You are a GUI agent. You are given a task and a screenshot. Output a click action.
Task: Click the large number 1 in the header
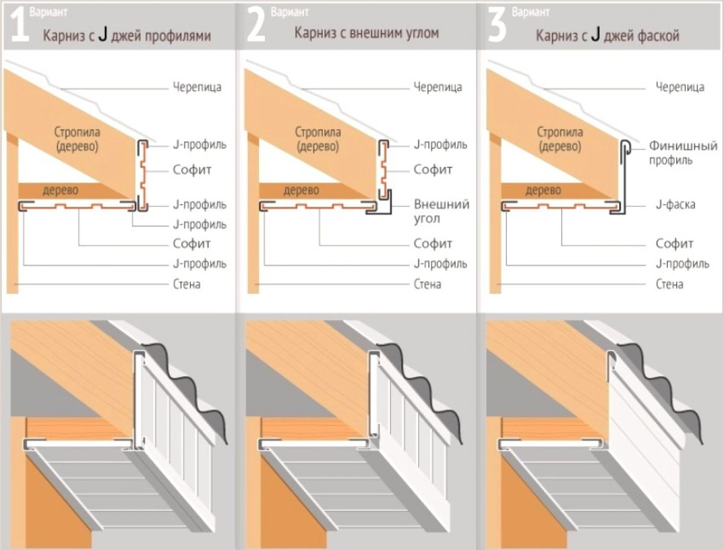click(20, 25)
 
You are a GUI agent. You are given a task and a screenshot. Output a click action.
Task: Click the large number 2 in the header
click(256, 25)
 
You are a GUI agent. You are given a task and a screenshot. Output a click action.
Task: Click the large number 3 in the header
click(497, 25)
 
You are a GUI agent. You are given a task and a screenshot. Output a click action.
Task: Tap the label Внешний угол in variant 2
click(441, 211)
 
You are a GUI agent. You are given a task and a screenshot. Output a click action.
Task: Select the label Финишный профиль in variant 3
click(683, 153)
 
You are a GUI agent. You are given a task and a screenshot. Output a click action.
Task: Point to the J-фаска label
click(676, 204)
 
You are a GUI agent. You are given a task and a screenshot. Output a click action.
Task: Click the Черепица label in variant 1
click(197, 87)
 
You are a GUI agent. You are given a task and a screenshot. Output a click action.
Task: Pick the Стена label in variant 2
click(428, 284)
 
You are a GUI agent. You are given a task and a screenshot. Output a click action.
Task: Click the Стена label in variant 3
click(669, 284)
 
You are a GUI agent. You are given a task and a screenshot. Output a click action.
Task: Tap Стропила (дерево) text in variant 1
click(77, 139)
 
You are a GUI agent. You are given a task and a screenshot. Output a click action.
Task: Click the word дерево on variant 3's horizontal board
click(543, 190)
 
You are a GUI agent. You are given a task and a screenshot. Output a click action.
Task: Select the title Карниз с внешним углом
click(366, 33)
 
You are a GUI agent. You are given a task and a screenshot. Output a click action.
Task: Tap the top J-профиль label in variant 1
click(200, 145)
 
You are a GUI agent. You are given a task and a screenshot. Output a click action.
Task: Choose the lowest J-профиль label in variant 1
click(200, 264)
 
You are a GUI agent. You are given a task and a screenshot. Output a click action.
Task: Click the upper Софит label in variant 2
click(433, 169)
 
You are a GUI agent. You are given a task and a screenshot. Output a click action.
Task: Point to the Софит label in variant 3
click(675, 244)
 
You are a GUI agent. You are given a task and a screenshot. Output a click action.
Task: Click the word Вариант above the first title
click(48, 12)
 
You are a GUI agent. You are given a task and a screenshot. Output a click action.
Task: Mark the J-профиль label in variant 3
click(682, 264)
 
